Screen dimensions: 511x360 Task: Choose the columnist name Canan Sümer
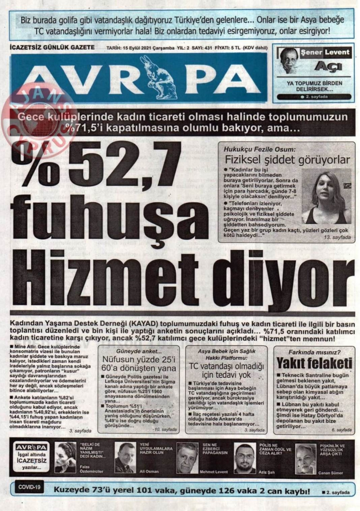pos(330,473)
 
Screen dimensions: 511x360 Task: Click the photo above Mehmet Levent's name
pos(187,458)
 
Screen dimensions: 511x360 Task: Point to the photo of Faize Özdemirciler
pos(65,457)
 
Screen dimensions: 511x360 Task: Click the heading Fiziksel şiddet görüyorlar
pos(287,160)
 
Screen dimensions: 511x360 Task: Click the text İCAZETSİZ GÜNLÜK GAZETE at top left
pos(53,48)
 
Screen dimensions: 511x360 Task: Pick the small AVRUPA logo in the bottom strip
pos(31,447)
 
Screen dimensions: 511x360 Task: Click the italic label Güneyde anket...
pos(139,351)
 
